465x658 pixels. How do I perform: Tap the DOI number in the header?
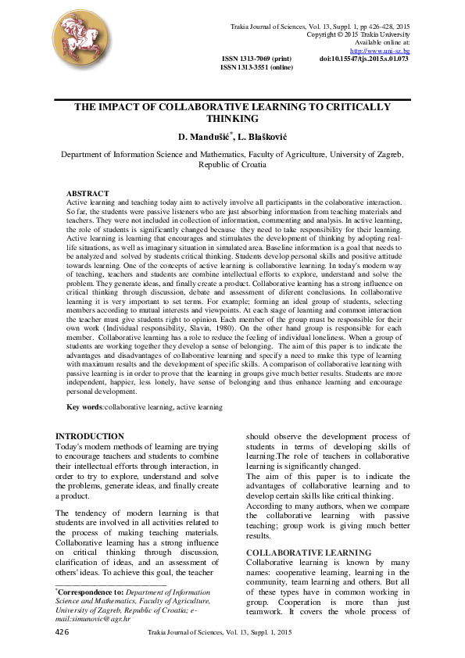pos(364,59)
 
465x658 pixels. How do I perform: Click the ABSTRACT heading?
pos(88,192)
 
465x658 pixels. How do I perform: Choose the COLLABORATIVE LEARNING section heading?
pos(298,552)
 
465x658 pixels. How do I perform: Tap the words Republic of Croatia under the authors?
pos(232,165)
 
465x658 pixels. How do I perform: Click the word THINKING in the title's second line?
pos(232,119)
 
